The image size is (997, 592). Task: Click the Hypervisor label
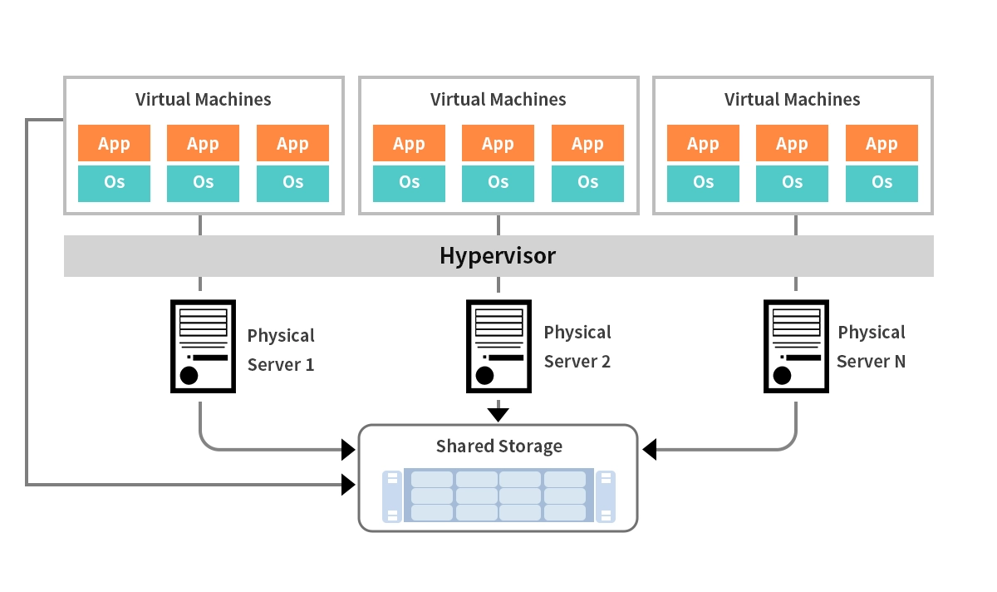click(x=497, y=256)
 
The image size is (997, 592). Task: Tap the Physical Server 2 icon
click(x=498, y=347)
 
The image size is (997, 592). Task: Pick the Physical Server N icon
click(x=795, y=347)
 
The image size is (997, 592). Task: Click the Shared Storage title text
click(x=498, y=446)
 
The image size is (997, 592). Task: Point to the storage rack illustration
click(x=498, y=496)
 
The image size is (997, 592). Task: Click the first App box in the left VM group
click(x=114, y=143)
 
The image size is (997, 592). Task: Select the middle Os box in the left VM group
click(x=203, y=183)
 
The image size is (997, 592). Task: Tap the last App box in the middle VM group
click(x=587, y=143)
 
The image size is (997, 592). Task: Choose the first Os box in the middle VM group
click(x=409, y=183)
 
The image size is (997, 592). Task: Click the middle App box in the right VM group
click(x=792, y=143)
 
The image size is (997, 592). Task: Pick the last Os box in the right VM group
click(x=882, y=183)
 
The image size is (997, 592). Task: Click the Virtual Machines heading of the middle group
click(x=498, y=100)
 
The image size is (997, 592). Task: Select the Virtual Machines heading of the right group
click(x=793, y=100)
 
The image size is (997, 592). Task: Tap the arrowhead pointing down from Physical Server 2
click(x=498, y=414)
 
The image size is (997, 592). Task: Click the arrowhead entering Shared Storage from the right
click(x=650, y=450)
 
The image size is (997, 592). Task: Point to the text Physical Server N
click(x=872, y=347)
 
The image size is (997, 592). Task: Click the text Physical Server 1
click(x=281, y=350)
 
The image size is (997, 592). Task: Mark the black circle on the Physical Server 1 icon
click(x=189, y=375)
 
